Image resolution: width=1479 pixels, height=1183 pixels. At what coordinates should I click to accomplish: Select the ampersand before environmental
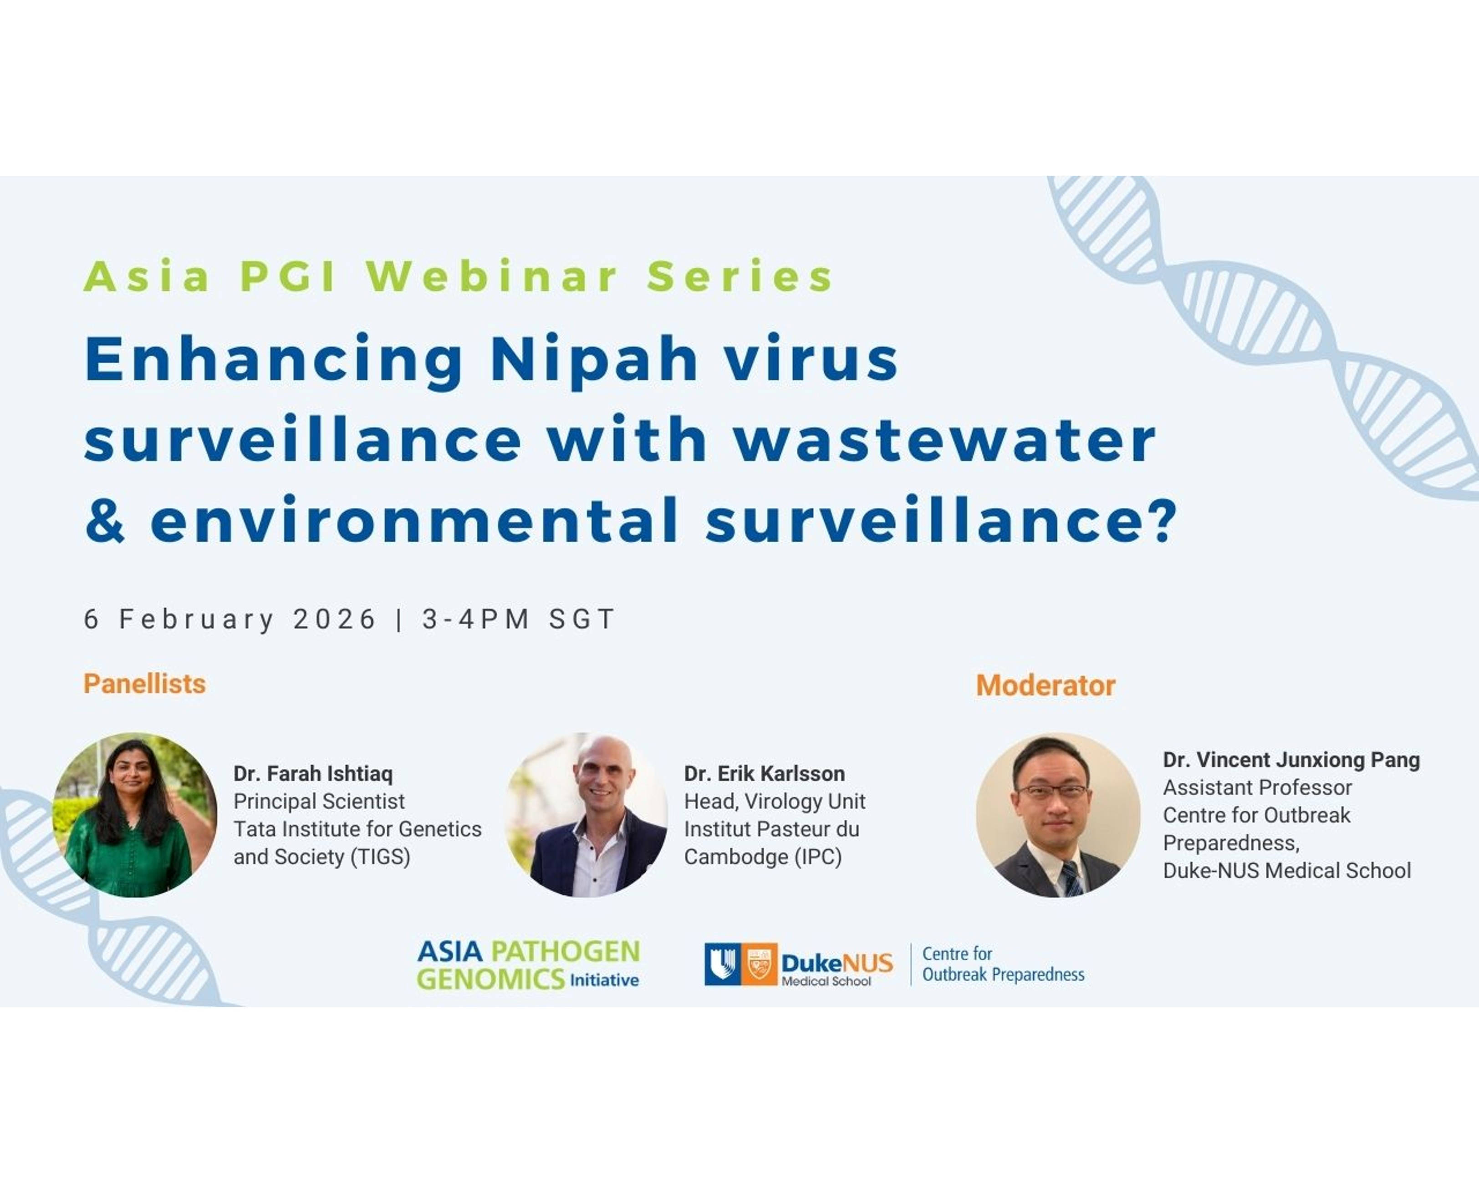[x=105, y=519]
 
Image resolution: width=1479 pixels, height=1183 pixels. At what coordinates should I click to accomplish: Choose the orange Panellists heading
[x=145, y=684]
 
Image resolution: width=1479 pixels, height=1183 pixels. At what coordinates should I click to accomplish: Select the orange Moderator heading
[x=1045, y=685]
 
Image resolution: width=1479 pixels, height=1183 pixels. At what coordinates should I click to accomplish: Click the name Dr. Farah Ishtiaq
[x=313, y=774]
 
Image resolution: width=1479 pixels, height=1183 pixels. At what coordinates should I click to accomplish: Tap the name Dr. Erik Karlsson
[x=764, y=774]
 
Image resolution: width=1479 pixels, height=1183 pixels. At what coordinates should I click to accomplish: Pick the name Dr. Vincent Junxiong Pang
[x=1291, y=760]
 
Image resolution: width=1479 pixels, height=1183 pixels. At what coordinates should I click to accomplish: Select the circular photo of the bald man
[x=586, y=815]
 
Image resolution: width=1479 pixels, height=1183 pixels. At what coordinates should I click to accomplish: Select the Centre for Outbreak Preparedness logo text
[x=1003, y=964]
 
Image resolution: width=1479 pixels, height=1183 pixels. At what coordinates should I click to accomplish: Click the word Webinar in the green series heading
[x=492, y=276]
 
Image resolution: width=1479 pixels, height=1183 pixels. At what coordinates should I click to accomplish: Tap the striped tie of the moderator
[x=1071, y=878]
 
